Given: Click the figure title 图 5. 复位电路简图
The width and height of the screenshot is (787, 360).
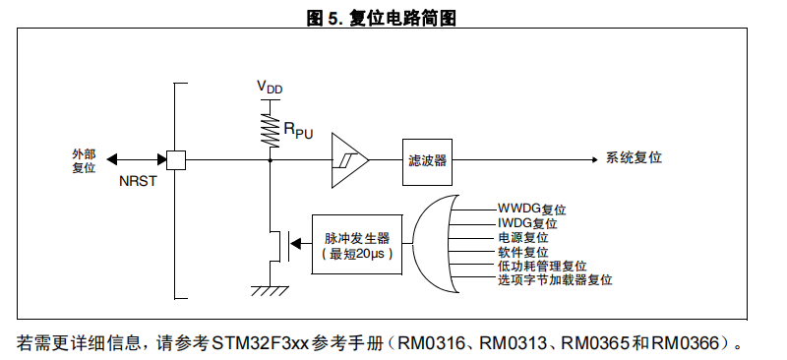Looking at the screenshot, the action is point(381,18).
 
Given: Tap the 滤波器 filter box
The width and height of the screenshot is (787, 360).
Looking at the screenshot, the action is point(427,161).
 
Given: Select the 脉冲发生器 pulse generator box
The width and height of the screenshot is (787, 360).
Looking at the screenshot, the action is point(357,245).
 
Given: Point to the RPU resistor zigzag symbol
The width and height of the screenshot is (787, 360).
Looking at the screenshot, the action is point(271,130).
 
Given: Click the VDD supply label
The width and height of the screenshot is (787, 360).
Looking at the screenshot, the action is point(270,87).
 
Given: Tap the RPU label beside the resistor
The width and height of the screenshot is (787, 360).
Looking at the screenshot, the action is point(298,130).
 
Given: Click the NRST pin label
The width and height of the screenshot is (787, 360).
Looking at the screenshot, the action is point(138,181).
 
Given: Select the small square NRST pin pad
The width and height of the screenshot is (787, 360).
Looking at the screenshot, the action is point(176,160).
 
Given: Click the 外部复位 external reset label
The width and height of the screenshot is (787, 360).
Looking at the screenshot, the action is point(84,161).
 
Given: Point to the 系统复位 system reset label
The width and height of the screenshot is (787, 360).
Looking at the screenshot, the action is point(634,157).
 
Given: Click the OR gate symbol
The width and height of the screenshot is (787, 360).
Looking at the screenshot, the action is point(435,244).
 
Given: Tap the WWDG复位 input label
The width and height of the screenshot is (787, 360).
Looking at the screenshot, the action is point(531,209).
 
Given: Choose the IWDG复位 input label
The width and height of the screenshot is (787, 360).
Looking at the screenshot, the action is point(527,223).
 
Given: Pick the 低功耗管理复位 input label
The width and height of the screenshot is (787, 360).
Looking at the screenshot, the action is point(542,266).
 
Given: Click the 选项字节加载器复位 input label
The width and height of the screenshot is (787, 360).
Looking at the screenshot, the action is point(555,279).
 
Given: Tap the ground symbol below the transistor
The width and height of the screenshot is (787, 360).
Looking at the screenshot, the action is point(270,291).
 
